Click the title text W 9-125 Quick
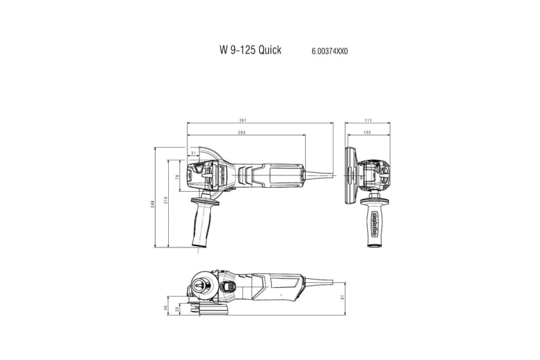(x=250, y=50)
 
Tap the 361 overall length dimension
(x=243, y=120)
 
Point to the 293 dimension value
(x=242, y=134)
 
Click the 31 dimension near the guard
(x=193, y=153)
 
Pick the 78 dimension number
(x=177, y=177)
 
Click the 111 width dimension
(x=368, y=120)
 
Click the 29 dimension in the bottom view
(x=177, y=310)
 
